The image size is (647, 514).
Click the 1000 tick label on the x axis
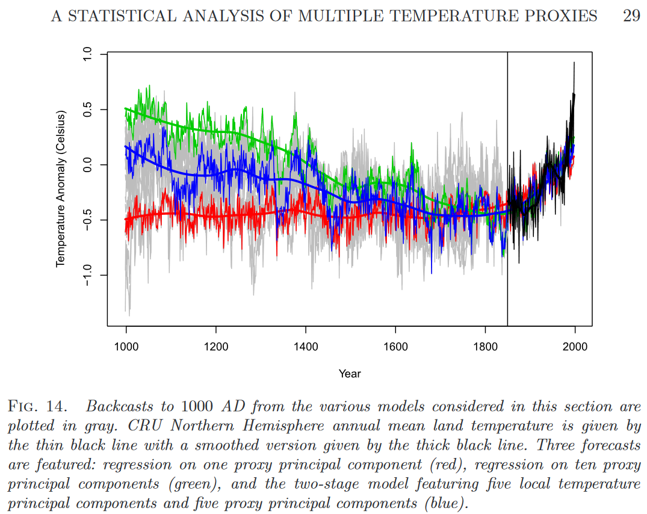click(x=126, y=347)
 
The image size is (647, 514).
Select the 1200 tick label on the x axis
click(x=216, y=347)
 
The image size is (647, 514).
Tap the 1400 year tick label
click(x=306, y=347)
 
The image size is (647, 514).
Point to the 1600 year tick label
click(x=395, y=347)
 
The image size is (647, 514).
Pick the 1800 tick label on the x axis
click(x=485, y=347)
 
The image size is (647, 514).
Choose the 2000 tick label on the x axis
click(x=575, y=347)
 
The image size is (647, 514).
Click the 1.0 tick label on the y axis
click(x=87, y=54)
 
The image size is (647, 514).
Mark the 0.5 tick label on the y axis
click(x=87, y=110)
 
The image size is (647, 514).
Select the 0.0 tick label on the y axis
click(x=87, y=164)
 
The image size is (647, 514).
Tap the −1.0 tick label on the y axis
click(x=87, y=275)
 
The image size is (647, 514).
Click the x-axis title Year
click(x=350, y=374)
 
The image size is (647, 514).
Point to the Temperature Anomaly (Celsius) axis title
click(x=61, y=188)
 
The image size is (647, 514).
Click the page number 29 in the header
click(x=631, y=16)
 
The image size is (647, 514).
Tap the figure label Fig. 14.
click(x=37, y=406)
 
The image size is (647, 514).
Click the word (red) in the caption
click(x=446, y=465)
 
